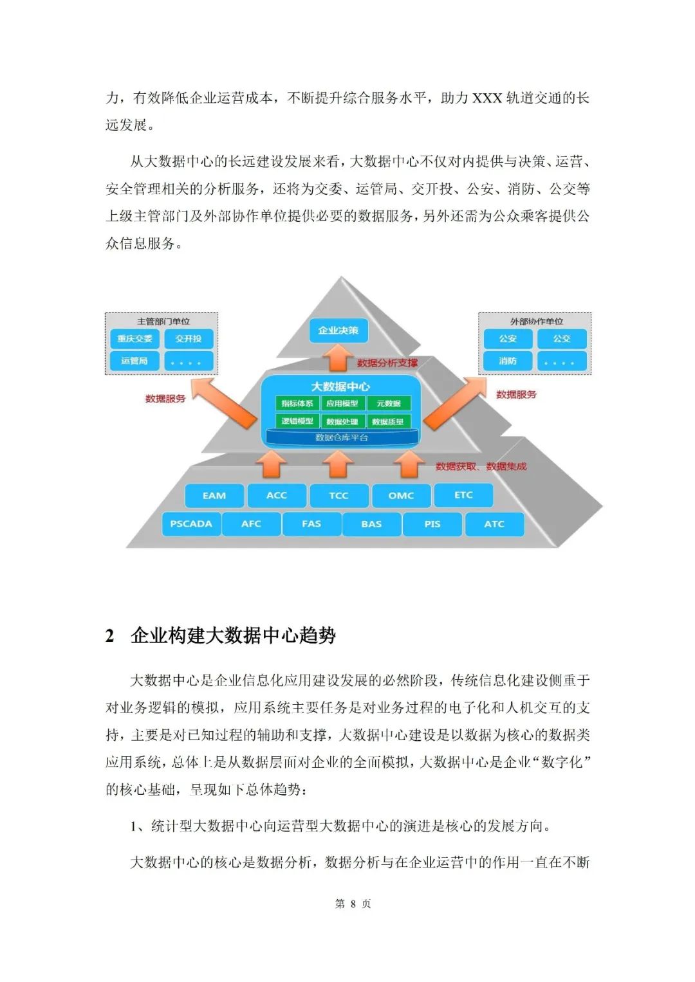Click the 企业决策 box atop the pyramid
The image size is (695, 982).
(338, 331)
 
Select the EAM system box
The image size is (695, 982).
(214, 496)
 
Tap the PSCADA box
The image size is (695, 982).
(191, 524)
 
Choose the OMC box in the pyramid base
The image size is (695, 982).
(401, 496)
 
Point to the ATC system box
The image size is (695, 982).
(494, 524)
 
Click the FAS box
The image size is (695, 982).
(311, 524)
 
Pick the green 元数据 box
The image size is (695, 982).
(389, 403)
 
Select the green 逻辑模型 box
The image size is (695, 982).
(297, 421)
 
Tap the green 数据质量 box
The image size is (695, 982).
(388, 421)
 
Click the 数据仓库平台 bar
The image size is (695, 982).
(342, 438)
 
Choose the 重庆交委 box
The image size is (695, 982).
(134, 339)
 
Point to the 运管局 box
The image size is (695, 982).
(134, 361)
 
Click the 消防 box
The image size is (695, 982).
(508, 361)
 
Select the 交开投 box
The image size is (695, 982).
(189, 339)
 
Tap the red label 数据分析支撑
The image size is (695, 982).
(387, 363)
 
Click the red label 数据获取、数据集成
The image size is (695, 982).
(481, 466)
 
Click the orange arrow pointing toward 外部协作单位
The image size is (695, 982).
(454, 403)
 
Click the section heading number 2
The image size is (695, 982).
(110, 636)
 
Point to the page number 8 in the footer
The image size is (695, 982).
(353, 904)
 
